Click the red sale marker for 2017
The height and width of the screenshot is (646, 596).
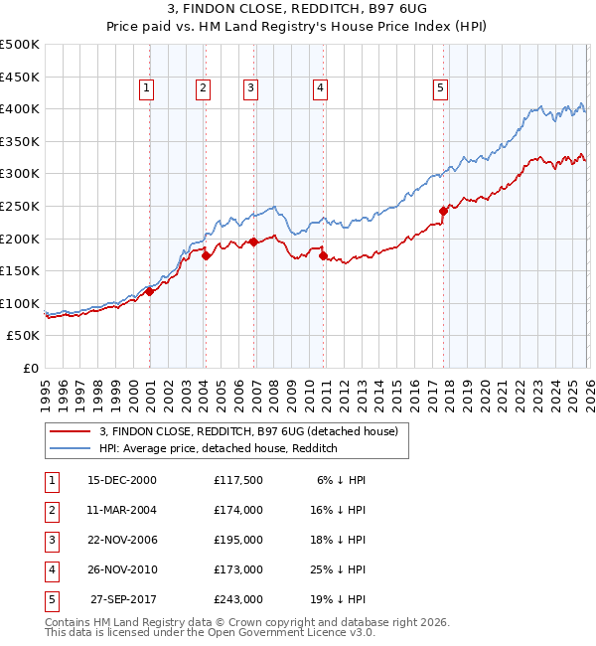[x=443, y=211]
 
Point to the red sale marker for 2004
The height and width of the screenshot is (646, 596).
[x=206, y=255]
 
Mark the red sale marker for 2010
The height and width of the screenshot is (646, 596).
[x=324, y=255]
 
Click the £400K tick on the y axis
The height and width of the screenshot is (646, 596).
[x=19, y=108]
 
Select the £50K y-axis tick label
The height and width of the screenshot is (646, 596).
[x=23, y=336]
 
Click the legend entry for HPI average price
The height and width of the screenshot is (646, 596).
[x=219, y=448]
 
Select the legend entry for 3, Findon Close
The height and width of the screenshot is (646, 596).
[x=248, y=431]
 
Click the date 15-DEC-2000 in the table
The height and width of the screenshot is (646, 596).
[x=121, y=480]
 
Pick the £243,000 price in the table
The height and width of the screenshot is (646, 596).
[x=238, y=599]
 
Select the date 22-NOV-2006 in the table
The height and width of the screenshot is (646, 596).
[x=121, y=540]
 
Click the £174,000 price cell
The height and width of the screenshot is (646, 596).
[x=238, y=510]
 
